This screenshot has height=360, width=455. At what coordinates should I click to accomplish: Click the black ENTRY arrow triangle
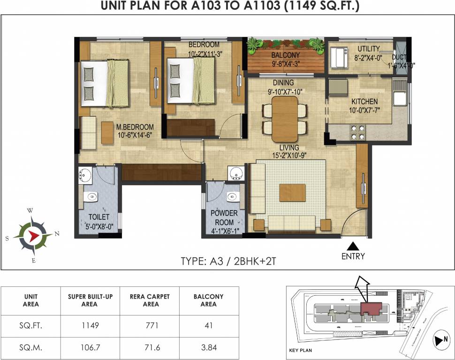click(x=353, y=246)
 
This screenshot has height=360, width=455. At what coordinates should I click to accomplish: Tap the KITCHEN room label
click(x=364, y=101)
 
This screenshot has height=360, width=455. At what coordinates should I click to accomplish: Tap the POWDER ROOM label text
click(x=224, y=217)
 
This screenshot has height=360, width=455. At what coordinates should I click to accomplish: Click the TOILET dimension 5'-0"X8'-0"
click(x=99, y=225)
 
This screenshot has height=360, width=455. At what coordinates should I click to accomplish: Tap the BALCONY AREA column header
click(x=208, y=300)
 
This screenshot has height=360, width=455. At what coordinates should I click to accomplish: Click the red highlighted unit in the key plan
click(x=371, y=308)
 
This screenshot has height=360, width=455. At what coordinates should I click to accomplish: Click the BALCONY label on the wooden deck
click(x=285, y=55)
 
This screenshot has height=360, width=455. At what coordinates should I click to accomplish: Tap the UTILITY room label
click(x=368, y=49)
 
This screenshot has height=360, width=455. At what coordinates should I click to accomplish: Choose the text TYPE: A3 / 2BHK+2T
click(x=228, y=261)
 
